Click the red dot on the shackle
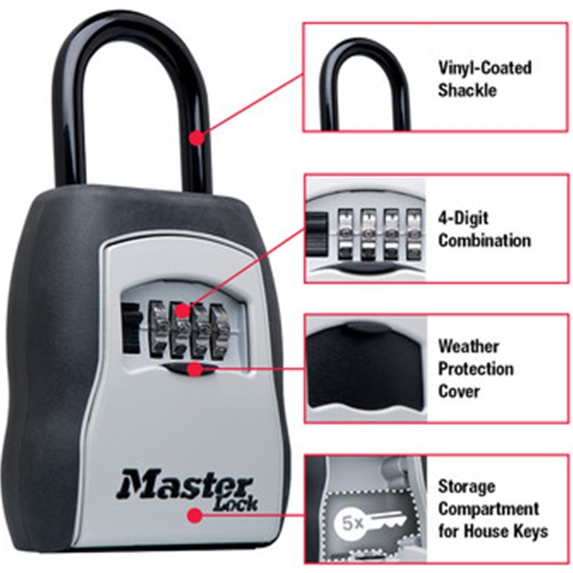[x=197, y=138]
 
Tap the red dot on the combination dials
[x=183, y=311]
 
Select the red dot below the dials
[x=195, y=369]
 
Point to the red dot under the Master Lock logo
[x=195, y=515]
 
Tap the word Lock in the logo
[x=236, y=504]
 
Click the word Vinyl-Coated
[x=485, y=68]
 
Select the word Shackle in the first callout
[x=468, y=91]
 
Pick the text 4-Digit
[x=463, y=219]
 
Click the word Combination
[x=485, y=241]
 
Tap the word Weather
[x=469, y=347]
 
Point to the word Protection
[x=476, y=368]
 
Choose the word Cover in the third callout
[x=458, y=391]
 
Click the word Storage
[x=466, y=486]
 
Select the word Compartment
[x=489, y=509]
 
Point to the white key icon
[x=385, y=519]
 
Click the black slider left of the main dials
[x=131, y=328]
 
